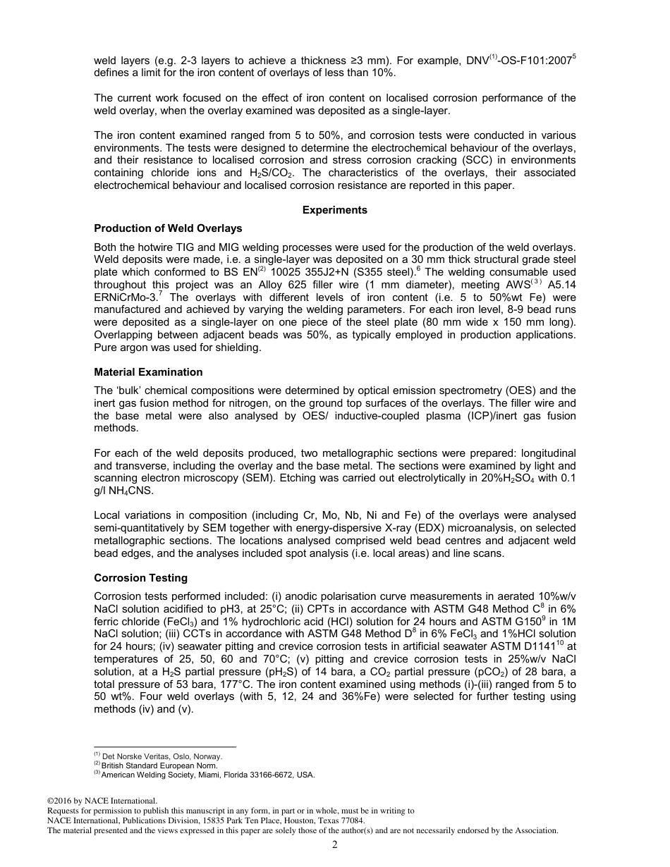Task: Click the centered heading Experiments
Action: pyautogui.click(x=334, y=210)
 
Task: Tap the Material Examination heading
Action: pyautogui.click(x=148, y=372)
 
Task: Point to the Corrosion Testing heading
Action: pyautogui.click(x=140, y=578)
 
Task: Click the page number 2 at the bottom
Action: pyautogui.click(x=335, y=845)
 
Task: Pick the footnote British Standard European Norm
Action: pyautogui.click(x=159, y=765)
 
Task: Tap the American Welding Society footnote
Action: pyautogui.click(x=208, y=775)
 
